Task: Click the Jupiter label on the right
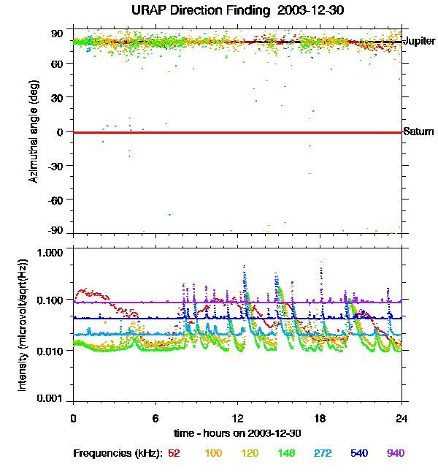(419, 42)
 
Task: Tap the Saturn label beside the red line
(418, 132)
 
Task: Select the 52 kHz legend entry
(174, 453)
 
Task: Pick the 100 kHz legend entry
(213, 453)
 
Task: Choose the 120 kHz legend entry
(250, 453)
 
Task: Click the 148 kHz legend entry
(287, 453)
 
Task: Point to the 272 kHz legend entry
(323, 453)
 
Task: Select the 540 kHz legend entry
(360, 453)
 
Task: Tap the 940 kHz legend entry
(395, 453)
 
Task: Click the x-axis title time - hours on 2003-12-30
(237, 433)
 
